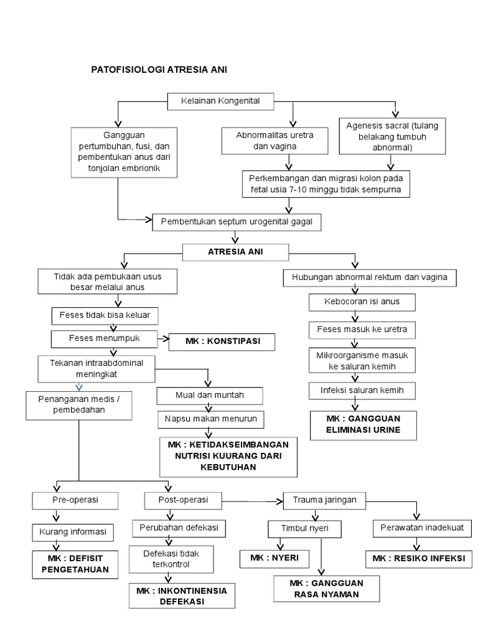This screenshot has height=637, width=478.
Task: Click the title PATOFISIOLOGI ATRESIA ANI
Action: (159, 70)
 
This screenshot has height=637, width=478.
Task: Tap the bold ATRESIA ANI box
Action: (235, 252)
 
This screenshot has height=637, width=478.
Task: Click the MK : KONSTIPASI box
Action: (222, 342)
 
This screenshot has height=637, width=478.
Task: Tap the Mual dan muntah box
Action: (210, 395)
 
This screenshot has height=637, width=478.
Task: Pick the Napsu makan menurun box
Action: (211, 419)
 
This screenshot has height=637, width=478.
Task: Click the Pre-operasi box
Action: (75, 500)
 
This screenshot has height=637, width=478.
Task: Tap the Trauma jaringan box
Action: (324, 499)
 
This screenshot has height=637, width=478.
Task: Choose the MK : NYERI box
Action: (274, 559)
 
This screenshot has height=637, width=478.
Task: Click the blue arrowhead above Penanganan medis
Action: (78, 386)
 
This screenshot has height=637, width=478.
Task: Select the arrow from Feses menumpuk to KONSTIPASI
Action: (163, 339)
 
